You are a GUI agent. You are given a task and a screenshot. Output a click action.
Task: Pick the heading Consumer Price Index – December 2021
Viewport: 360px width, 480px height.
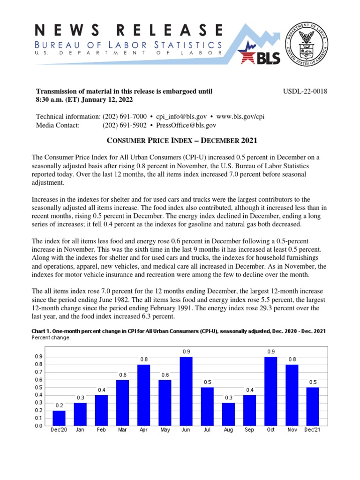tap(180, 141)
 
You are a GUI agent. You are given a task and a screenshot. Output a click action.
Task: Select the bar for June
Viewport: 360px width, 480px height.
tap(186, 391)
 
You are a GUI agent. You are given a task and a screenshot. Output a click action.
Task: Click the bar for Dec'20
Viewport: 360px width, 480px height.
tap(59, 418)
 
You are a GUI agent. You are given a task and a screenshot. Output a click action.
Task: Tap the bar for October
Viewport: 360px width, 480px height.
tap(271, 391)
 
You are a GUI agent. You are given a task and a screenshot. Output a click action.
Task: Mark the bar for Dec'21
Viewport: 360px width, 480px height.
tap(313, 406)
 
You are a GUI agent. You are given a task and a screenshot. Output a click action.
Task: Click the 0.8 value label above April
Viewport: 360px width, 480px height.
tap(144, 360)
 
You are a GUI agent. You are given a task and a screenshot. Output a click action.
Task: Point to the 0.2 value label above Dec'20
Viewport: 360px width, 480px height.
tap(59, 405)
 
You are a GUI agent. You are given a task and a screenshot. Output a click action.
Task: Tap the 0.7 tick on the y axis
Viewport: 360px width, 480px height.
tap(38, 372)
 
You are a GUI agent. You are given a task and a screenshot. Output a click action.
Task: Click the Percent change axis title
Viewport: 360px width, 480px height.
tap(51, 337)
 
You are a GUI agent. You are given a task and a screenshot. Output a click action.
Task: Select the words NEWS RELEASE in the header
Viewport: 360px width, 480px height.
tap(128, 31)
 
